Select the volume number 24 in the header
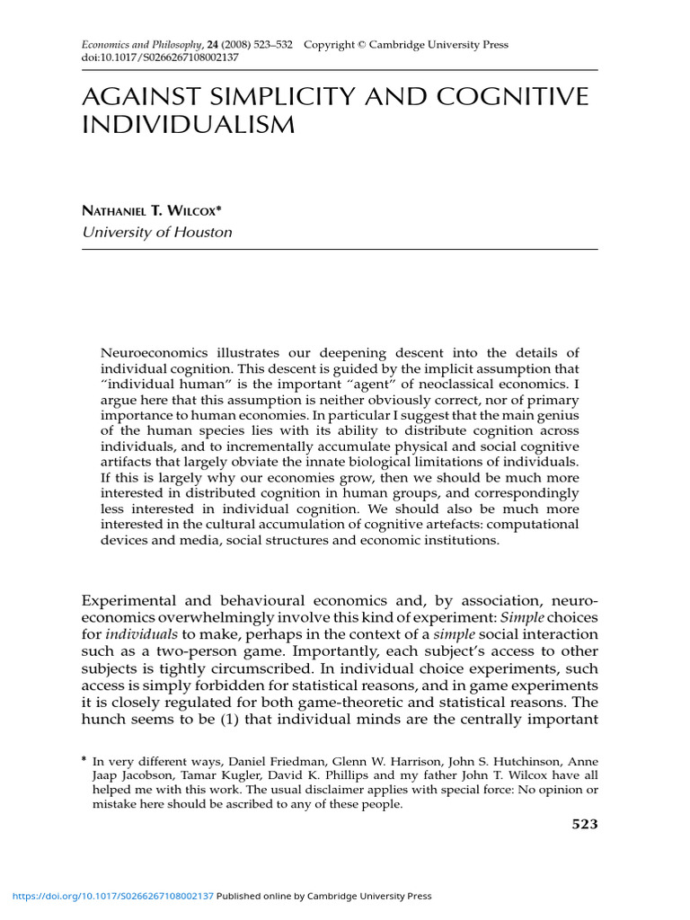click(x=214, y=45)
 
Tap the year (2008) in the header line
click(x=239, y=45)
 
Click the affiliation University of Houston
click(x=157, y=232)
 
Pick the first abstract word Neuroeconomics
click(x=155, y=352)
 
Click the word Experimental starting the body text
click(x=132, y=600)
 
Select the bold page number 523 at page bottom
click(x=585, y=825)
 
